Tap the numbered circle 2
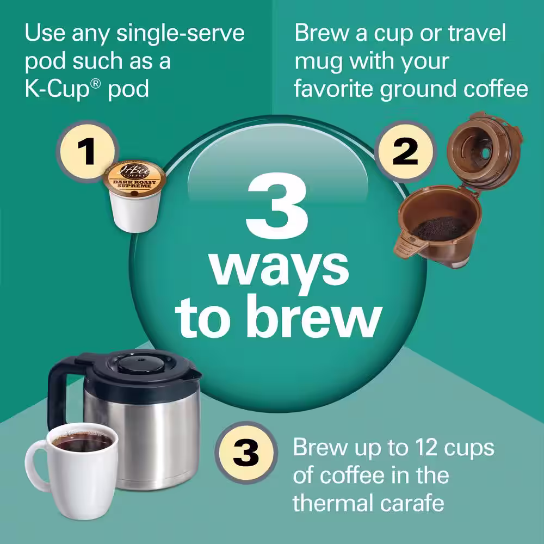click(x=405, y=153)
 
